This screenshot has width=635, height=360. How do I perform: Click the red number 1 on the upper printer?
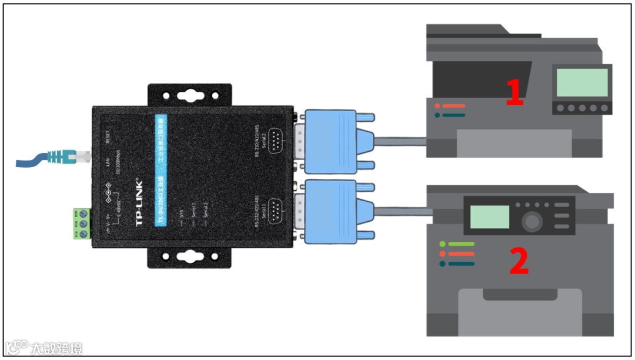[514, 93]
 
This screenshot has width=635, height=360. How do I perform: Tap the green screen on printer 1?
[581, 82]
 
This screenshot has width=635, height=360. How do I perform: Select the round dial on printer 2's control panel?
[532, 222]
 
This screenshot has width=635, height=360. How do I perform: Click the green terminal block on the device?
[82, 224]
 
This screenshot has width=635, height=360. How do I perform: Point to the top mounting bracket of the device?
[189, 94]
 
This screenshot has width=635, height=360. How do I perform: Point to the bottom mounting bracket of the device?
[189, 256]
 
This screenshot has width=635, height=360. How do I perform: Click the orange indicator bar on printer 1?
[452, 106]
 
